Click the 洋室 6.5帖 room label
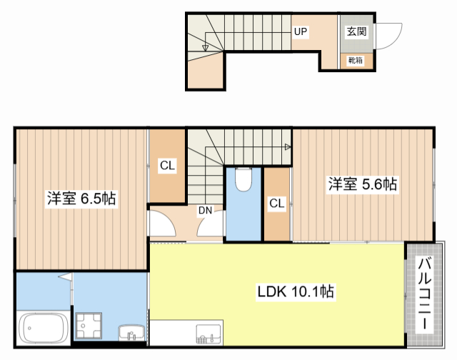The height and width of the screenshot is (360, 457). coord(81,198)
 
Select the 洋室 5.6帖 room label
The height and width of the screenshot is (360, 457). coord(362,184)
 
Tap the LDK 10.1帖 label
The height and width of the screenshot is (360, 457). coord(296,291)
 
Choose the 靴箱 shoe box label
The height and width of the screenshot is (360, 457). coord(355,61)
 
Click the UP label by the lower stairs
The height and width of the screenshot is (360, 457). coord(300,32)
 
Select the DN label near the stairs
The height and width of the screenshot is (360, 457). coord(205,210)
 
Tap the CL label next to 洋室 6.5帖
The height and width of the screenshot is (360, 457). coord(167,166)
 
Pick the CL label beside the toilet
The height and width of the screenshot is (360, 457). coord(277,204)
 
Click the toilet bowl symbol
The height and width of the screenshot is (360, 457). coord(243,181)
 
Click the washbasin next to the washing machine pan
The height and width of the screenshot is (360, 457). coord(129,332)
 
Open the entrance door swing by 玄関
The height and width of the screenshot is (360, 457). coord(386,36)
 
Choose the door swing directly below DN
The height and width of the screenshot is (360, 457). coord(211,227)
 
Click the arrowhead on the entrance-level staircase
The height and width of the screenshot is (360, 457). coord(206,48)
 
